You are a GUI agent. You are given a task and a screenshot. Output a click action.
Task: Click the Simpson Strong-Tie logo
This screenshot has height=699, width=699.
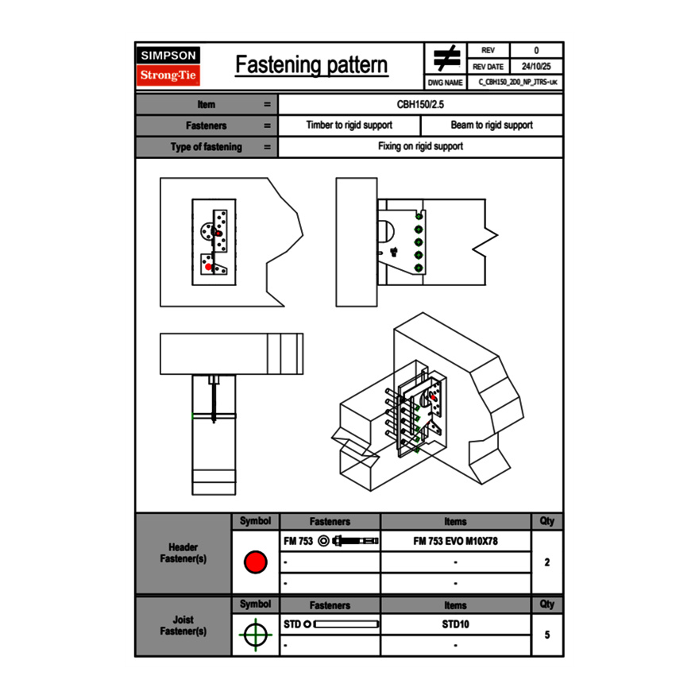click(168, 66)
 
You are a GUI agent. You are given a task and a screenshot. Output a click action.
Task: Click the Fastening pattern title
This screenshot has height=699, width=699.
click(311, 65)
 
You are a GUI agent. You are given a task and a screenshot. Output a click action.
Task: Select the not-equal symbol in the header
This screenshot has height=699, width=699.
click(446, 58)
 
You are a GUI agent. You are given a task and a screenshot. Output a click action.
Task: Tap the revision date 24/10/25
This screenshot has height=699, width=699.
click(536, 67)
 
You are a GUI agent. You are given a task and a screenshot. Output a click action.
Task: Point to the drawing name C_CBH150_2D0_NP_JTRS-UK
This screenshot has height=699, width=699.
click(517, 82)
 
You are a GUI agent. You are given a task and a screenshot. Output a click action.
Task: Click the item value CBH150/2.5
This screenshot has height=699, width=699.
click(421, 104)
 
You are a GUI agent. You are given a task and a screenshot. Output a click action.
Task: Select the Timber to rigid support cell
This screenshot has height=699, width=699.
click(349, 126)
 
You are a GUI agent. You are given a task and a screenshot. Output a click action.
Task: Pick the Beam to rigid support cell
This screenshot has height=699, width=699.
click(492, 126)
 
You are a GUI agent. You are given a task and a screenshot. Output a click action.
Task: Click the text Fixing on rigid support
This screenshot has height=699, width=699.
click(421, 147)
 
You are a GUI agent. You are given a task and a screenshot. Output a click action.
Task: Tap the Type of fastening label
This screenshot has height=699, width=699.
click(206, 147)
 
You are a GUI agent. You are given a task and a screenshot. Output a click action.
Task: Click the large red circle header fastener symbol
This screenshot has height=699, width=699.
click(255, 562)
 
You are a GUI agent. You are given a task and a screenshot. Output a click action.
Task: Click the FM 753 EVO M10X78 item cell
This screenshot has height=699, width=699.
click(456, 541)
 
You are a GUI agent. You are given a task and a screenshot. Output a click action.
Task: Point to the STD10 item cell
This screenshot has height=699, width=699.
click(456, 624)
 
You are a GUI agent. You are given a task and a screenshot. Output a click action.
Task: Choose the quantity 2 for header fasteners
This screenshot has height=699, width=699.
click(547, 562)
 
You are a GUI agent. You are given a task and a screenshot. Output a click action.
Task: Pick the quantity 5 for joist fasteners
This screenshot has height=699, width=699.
click(547, 635)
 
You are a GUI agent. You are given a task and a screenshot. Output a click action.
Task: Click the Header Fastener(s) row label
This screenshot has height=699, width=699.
click(183, 553)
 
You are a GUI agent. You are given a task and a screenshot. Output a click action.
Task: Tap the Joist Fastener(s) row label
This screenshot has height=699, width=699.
click(183, 625)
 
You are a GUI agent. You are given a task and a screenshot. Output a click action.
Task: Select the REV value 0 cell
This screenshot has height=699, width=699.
click(536, 50)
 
